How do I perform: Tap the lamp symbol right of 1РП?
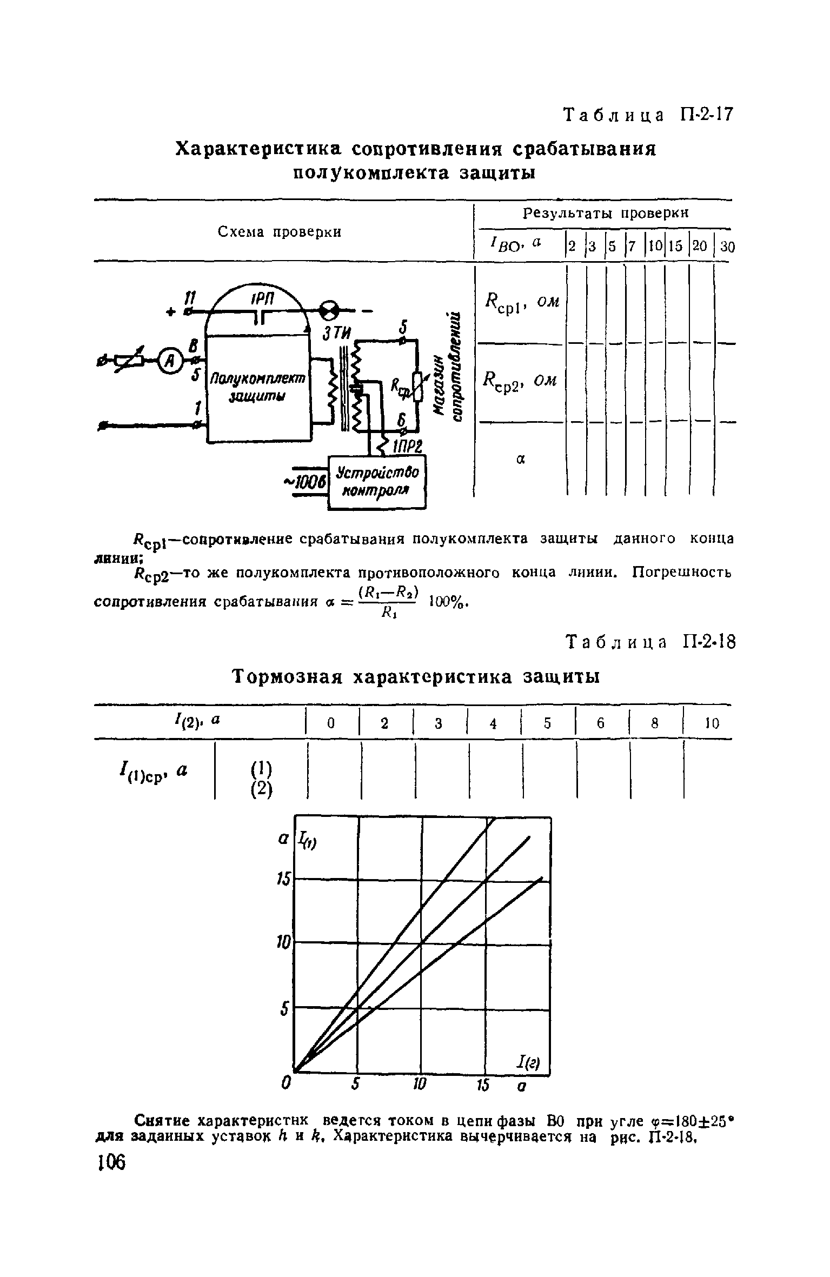[x=330, y=311]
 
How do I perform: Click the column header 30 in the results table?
[x=727, y=247]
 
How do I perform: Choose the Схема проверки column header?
[x=280, y=232]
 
